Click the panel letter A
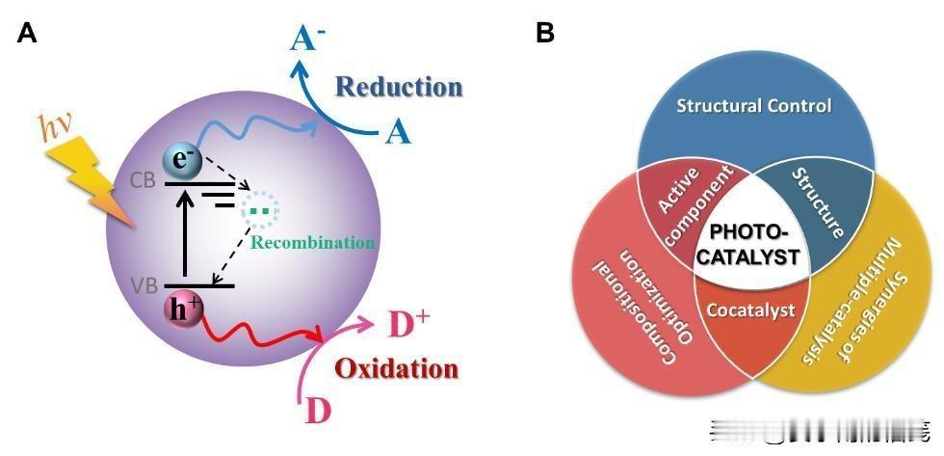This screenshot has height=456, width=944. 27,33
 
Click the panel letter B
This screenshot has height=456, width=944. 544,33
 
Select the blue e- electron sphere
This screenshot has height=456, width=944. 182,159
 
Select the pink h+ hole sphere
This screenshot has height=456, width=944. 182,308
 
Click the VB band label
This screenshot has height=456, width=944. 145,286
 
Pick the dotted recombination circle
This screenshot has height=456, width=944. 258,208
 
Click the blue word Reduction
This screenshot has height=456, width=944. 399,88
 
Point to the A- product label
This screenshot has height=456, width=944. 307,38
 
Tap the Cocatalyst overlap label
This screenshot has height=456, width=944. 750,310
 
